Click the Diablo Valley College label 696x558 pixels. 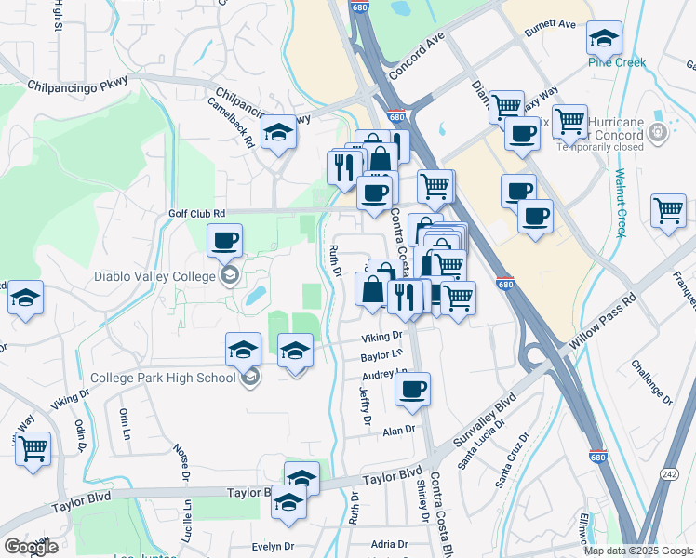click(x=154, y=275)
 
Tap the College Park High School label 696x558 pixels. click(x=163, y=378)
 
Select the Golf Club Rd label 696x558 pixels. click(x=197, y=213)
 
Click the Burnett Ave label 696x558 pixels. click(x=551, y=26)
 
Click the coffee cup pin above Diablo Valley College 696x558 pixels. click(x=224, y=242)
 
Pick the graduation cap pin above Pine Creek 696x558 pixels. click(x=605, y=39)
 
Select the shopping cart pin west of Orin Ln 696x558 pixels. click(x=33, y=449)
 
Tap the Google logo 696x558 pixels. click(x=31, y=547)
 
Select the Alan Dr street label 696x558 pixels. click(x=397, y=430)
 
